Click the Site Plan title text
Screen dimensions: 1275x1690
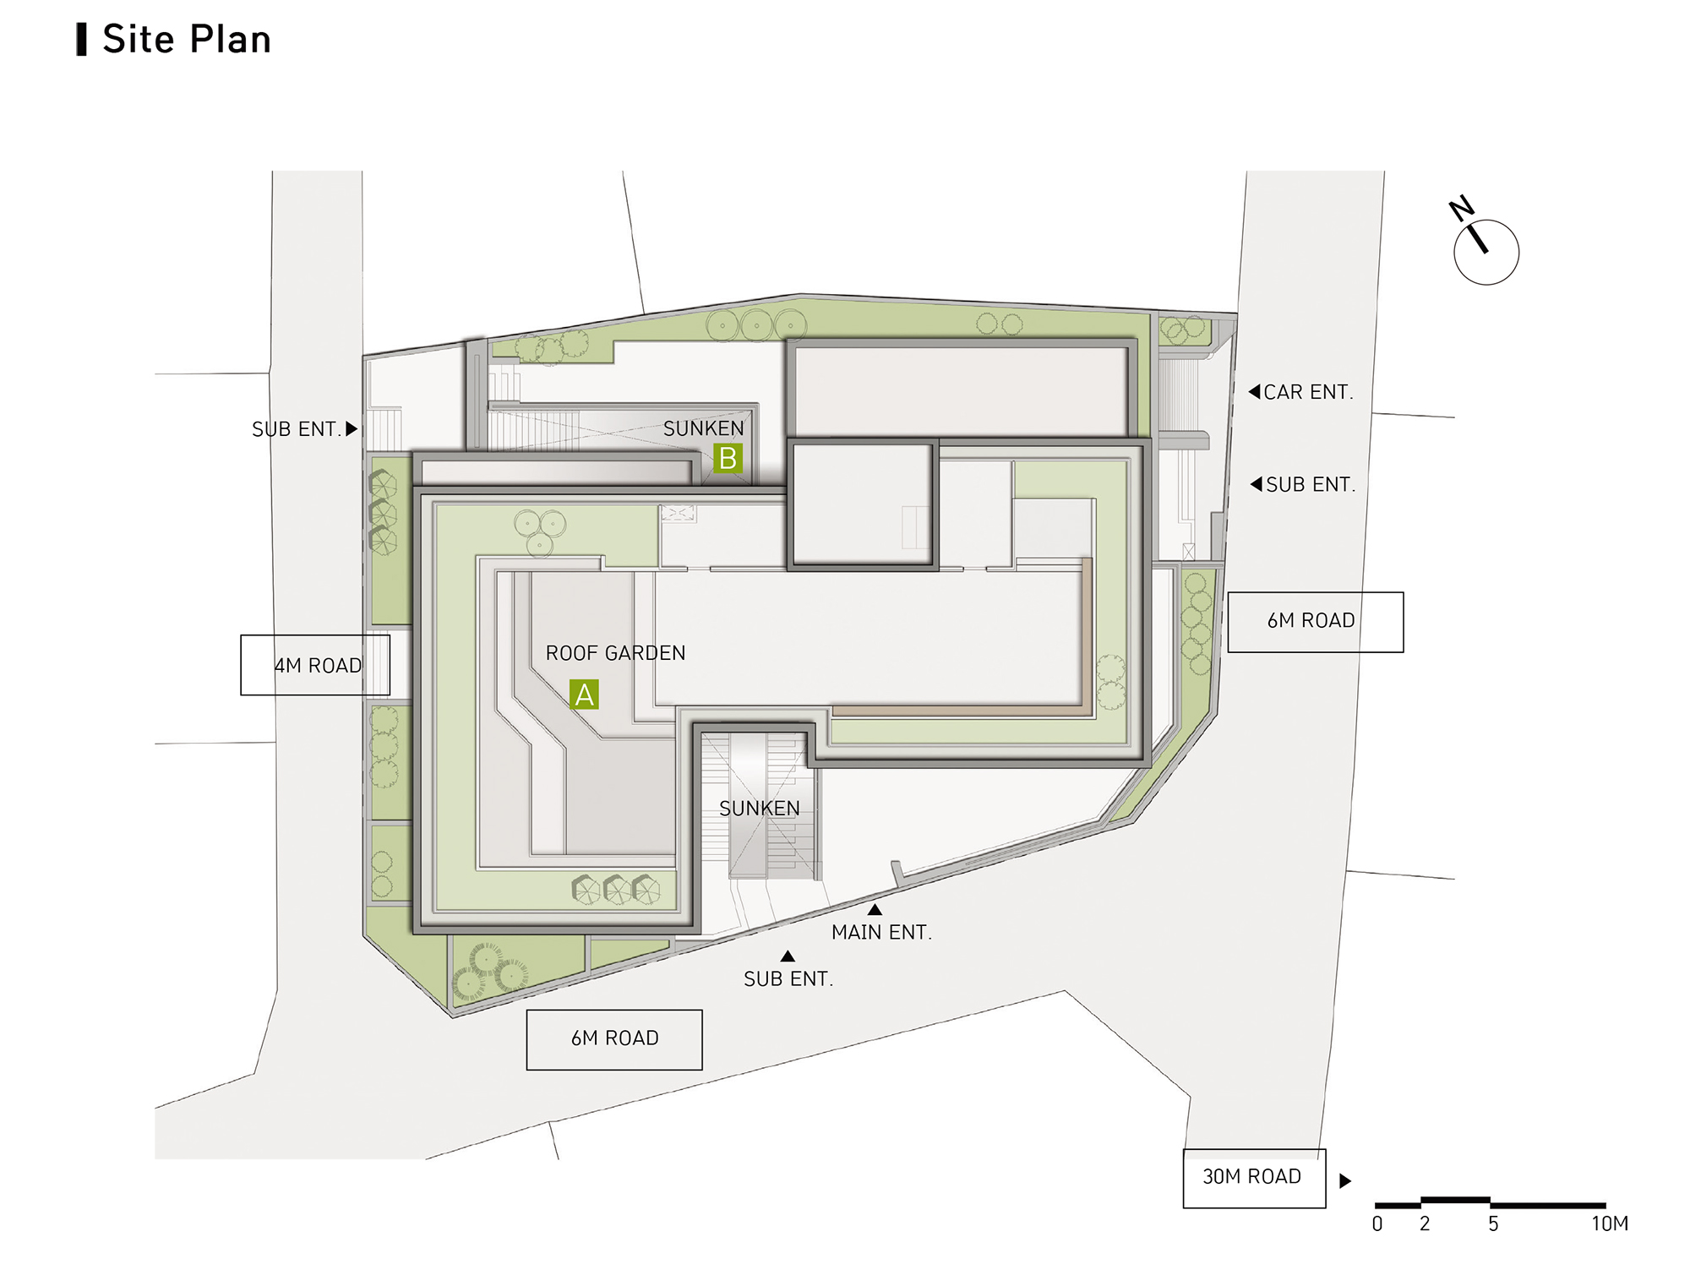pos(186,40)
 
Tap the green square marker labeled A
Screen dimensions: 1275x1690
pos(584,695)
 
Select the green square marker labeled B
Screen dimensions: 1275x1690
pos(728,458)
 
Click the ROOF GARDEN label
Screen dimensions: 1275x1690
pos(615,653)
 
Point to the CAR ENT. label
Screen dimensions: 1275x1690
pos(1308,392)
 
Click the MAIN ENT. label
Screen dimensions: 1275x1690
pos(881,932)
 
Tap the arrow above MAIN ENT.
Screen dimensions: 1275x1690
pos(875,910)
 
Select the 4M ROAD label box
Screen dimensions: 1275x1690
pos(315,665)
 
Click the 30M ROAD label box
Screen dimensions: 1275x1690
pos(1254,1178)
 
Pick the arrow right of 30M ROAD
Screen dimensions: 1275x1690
pos(1345,1180)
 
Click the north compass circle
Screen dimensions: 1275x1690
pos(1486,253)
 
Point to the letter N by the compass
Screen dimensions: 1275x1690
pos(1461,208)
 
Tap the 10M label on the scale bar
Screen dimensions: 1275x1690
pos(1610,1223)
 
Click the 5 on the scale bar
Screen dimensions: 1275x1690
pos(1493,1223)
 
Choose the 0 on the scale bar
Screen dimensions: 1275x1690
pos(1377,1223)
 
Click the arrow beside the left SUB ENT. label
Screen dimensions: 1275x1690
pos(352,428)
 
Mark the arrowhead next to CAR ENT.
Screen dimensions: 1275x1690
pos(1255,391)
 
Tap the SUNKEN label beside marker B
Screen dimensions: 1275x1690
pos(703,428)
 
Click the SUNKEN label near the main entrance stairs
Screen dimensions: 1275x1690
pos(759,809)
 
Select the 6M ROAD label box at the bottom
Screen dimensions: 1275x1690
pos(614,1039)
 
